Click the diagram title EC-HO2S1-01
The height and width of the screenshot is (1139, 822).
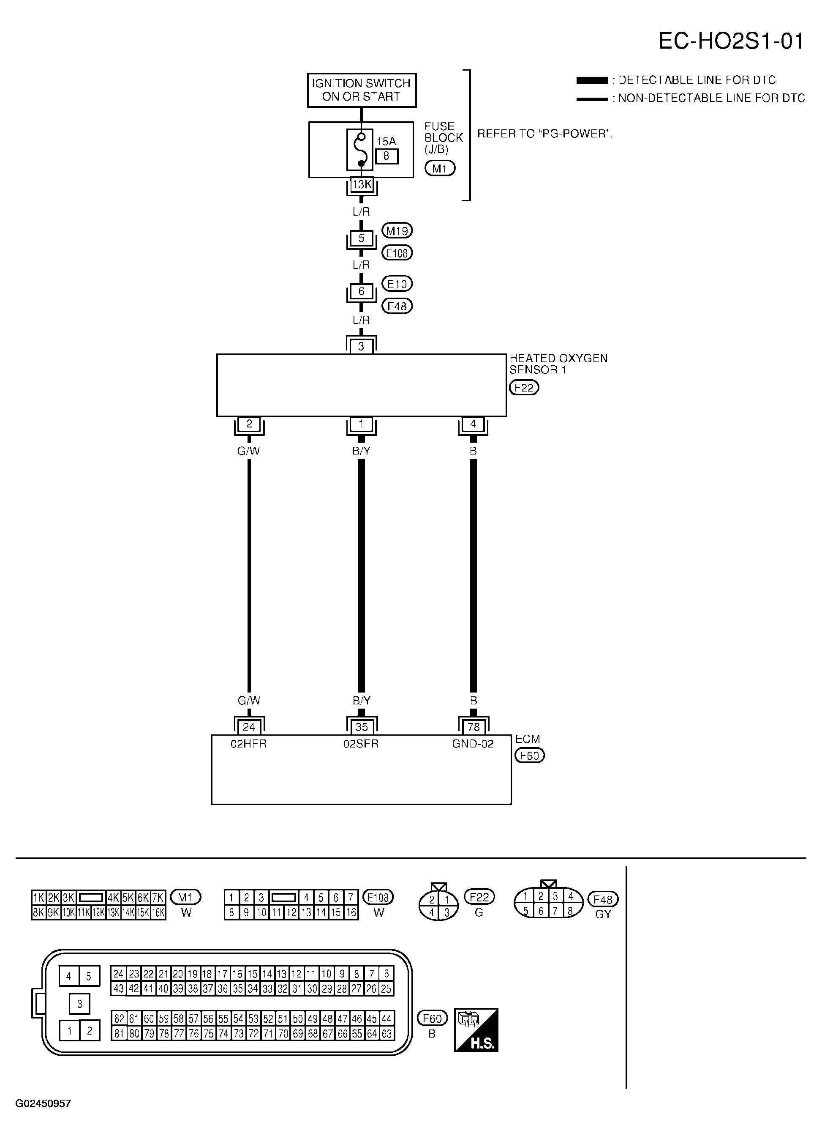731,41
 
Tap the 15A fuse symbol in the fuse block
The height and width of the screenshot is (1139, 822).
360,149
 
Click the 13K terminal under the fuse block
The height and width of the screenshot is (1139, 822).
361,185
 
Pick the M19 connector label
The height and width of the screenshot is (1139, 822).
397,231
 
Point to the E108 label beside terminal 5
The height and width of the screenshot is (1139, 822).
397,253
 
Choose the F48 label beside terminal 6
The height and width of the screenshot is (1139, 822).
397,306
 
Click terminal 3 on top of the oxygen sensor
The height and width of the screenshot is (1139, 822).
361,346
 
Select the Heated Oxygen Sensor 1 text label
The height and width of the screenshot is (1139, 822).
558,364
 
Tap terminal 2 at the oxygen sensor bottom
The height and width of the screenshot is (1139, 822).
249,424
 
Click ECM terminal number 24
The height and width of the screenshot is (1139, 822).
249,727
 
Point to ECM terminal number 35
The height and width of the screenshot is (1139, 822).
361,727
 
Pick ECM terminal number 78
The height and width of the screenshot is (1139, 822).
473,727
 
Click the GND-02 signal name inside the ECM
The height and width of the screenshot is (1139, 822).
473,744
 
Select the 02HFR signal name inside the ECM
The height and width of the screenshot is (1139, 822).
248,744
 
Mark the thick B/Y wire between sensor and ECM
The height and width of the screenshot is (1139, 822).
361,575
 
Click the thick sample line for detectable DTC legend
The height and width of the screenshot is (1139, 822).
592,80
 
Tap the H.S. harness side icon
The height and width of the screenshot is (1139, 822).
476,1030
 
